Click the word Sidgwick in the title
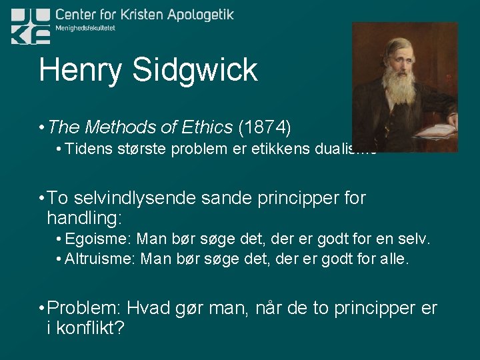click(x=197, y=71)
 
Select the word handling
click(x=85, y=217)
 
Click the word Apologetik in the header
click(x=199, y=14)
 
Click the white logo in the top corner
click(x=30, y=26)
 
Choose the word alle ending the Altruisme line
click(x=393, y=259)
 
